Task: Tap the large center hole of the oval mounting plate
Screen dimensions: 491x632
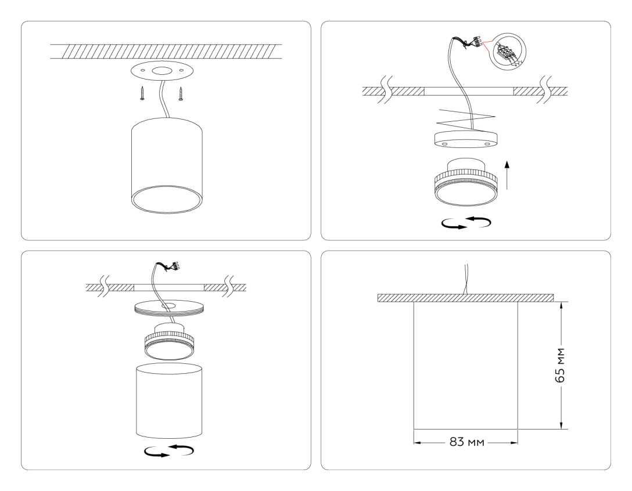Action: click(x=161, y=72)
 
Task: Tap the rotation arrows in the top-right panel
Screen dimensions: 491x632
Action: click(x=466, y=223)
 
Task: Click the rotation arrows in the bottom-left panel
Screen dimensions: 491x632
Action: click(x=169, y=451)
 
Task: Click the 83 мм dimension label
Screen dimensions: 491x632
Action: click(x=466, y=442)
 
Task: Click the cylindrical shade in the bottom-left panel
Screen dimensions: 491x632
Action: click(x=169, y=400)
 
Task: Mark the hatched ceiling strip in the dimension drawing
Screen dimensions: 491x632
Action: click(x=465, y=298)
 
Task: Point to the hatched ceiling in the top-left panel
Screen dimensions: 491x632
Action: click(x=166, y=51)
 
